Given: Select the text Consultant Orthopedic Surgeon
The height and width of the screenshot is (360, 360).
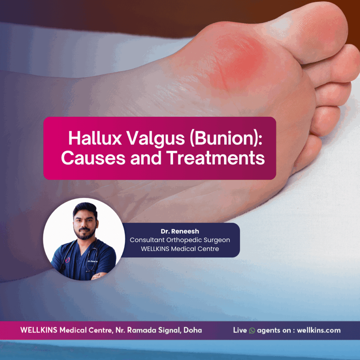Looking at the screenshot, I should [x=180, y=240].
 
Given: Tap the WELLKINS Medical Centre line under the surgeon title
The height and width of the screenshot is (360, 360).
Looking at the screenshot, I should [x=180, y=249].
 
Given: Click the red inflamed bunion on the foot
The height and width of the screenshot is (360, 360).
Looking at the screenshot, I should [x=239, y=60].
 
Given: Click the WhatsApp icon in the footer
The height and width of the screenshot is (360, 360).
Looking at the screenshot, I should [x=252, y=331].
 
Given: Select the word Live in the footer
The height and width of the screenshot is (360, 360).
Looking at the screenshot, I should [x=240, y=330].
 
